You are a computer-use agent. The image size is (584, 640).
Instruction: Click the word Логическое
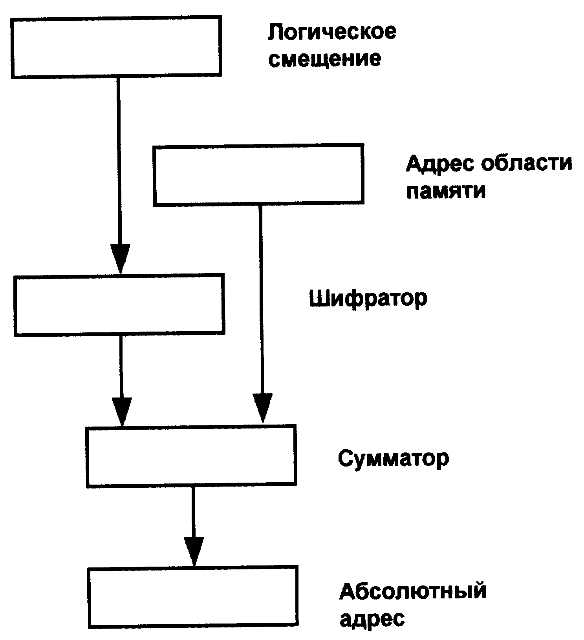pos(332,32)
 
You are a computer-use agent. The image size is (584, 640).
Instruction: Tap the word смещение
pos(325,59)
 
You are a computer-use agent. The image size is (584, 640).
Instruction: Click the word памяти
pos(446,191)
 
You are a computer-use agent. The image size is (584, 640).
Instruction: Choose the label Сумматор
pos(393,458)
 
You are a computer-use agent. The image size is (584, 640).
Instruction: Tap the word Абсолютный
pos(413,591)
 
